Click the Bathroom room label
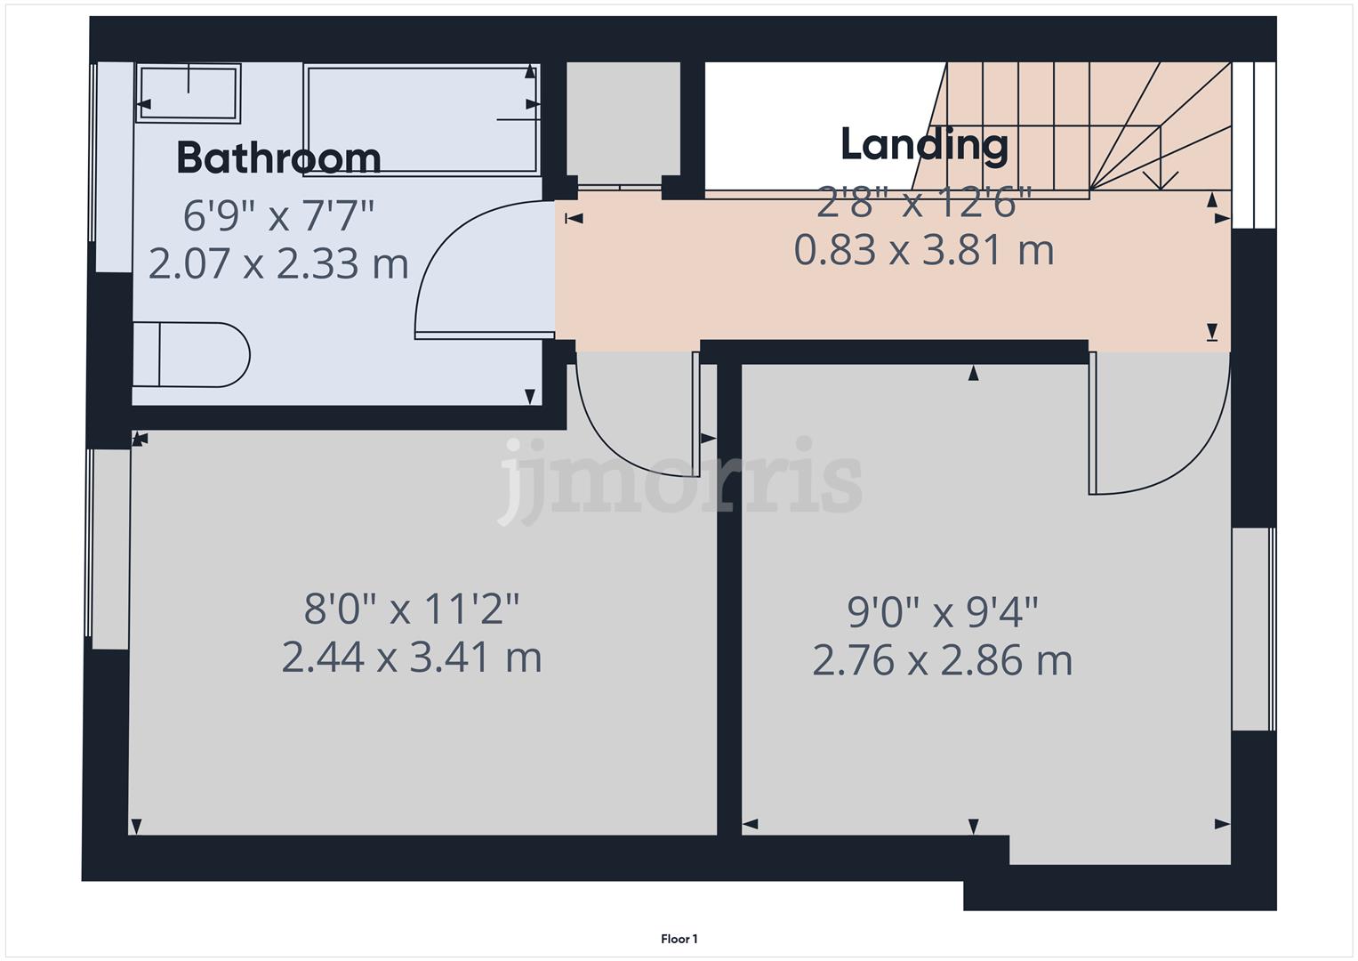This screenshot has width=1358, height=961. (278, 158)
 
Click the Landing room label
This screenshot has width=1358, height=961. (924, 145)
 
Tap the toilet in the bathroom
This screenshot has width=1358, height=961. (191, 355)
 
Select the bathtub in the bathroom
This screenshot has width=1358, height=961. (422, 119)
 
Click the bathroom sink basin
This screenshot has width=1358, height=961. (189, 92)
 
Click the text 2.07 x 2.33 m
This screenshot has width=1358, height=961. (278, 264)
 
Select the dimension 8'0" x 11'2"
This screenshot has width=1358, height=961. (411, 610)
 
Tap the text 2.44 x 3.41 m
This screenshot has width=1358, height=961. (411, 658)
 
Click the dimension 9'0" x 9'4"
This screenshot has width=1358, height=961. (942, 612)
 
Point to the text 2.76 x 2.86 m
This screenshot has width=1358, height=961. (942, 661)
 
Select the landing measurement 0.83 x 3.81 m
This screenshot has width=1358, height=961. (924, 251)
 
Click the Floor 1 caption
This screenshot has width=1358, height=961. (679, 939)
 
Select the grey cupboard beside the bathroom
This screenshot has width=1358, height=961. (623, 120)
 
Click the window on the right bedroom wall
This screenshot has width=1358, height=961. (1253, 629)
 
